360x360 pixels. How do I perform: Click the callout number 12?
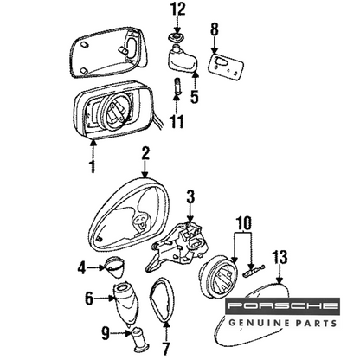coord(178,10)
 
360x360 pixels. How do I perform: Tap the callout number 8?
coord(214,29)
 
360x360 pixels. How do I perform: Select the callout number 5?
coord(195,97)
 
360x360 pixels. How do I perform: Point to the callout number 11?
coord(177,121)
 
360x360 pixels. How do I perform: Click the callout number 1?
coord(93,166)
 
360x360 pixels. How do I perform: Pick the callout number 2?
coord(145,153)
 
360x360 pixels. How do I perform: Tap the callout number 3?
coord(190,197)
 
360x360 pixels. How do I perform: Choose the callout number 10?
coord(244,222)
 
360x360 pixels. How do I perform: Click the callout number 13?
coord(280,257)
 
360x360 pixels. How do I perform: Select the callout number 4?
coord(81,268)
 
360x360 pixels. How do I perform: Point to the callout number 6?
coord(89,299)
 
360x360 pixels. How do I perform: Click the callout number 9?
coord(106,334)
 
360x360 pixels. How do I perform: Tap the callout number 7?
coord(166,349)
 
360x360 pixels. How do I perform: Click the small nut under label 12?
coord(177,37)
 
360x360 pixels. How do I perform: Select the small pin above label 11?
coord(177,85)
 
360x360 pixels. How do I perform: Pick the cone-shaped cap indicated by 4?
coord(113,267)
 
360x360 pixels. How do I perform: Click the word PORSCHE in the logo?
coord(282,305)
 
